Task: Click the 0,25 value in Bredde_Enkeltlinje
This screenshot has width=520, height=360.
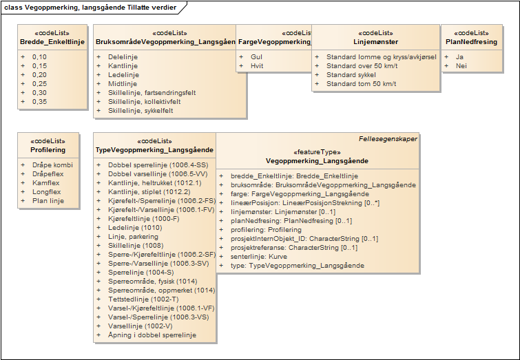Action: coord(39,83)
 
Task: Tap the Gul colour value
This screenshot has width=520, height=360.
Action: coord(256,56)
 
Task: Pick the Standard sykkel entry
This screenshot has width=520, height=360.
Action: coord(351,74)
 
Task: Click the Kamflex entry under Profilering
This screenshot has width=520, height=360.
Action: coord(47,183)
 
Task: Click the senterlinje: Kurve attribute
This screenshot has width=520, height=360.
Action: coord(260,256)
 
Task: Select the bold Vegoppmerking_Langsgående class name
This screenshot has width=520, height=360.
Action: coord(317,161)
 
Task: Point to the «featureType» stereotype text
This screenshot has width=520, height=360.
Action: coord(317,152)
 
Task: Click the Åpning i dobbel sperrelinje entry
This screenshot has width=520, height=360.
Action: coord(152,335)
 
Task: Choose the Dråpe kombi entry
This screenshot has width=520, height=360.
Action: coord(52,165)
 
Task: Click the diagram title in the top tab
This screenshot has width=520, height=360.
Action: coord(90,8)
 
